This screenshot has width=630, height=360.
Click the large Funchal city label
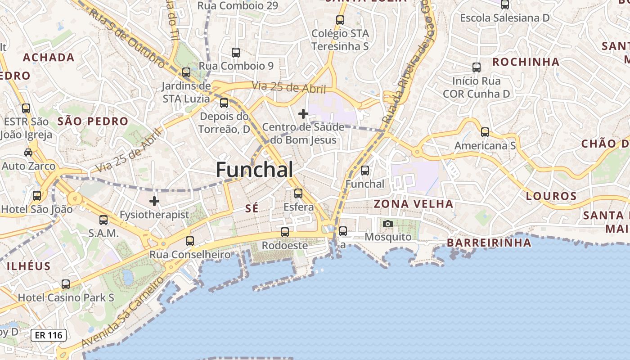254,170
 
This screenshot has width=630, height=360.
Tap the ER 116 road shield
49,335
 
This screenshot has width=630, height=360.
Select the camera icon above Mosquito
387,224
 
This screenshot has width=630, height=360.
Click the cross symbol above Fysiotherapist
154,201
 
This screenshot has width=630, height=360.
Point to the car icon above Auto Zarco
28,152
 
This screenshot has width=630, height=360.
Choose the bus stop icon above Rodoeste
285,232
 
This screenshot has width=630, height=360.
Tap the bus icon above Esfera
298,193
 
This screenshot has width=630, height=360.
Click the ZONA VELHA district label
414,204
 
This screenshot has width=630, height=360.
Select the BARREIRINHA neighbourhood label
489,243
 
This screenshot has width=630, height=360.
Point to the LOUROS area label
551,196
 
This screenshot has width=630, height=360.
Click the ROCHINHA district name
526,62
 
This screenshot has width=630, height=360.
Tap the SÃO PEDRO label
93,121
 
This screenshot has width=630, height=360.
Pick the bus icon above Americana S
485,132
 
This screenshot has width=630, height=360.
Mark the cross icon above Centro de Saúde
303,113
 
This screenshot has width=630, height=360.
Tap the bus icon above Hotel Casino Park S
66,284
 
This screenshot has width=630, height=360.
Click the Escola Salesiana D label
504,18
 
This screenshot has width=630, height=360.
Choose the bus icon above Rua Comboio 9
236,53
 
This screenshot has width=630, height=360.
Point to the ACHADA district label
49,57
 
